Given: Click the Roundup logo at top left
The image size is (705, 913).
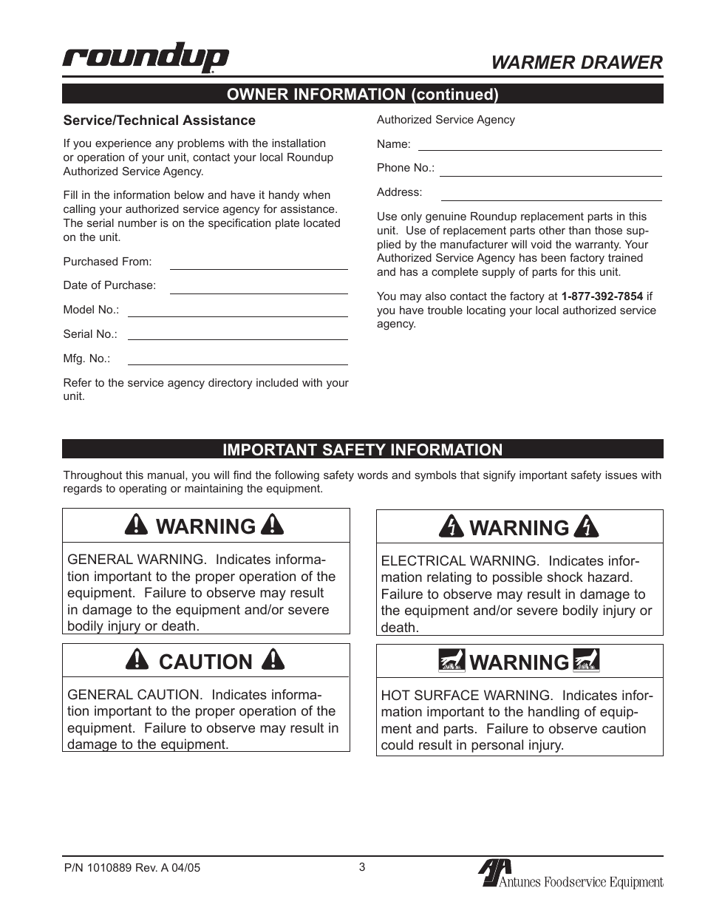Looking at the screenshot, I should pyautogui.click(x=146, y=58).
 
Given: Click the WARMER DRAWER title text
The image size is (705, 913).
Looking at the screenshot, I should pyautogui.click(x=576, y=63).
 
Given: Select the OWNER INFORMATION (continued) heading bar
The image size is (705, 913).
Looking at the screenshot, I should pyautogui.click(x=362, y=95).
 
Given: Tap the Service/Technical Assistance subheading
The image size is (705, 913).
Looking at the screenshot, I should pyautogui.click(x=159, y=121).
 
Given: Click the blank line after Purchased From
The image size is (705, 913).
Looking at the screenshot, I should pyautogui.click(x=259, y=267).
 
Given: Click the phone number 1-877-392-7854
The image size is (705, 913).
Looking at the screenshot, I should pyautogui.click(x=602, y=296).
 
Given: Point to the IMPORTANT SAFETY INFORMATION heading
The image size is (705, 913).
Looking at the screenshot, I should pyautogui.click(x=362, y=449).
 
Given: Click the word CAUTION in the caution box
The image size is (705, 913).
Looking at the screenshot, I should pyautogui.click(x=205, y=662).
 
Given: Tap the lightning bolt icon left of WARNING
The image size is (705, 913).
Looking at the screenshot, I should pyautogui.click(x=451, y=526).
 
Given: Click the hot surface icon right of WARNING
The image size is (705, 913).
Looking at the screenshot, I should pyautogui.click(x=586, y=661).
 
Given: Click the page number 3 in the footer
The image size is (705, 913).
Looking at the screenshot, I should pyautogui.click(x=362, y=867).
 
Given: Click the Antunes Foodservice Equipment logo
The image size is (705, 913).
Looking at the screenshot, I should pyautogui.click(x=571, y=875).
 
